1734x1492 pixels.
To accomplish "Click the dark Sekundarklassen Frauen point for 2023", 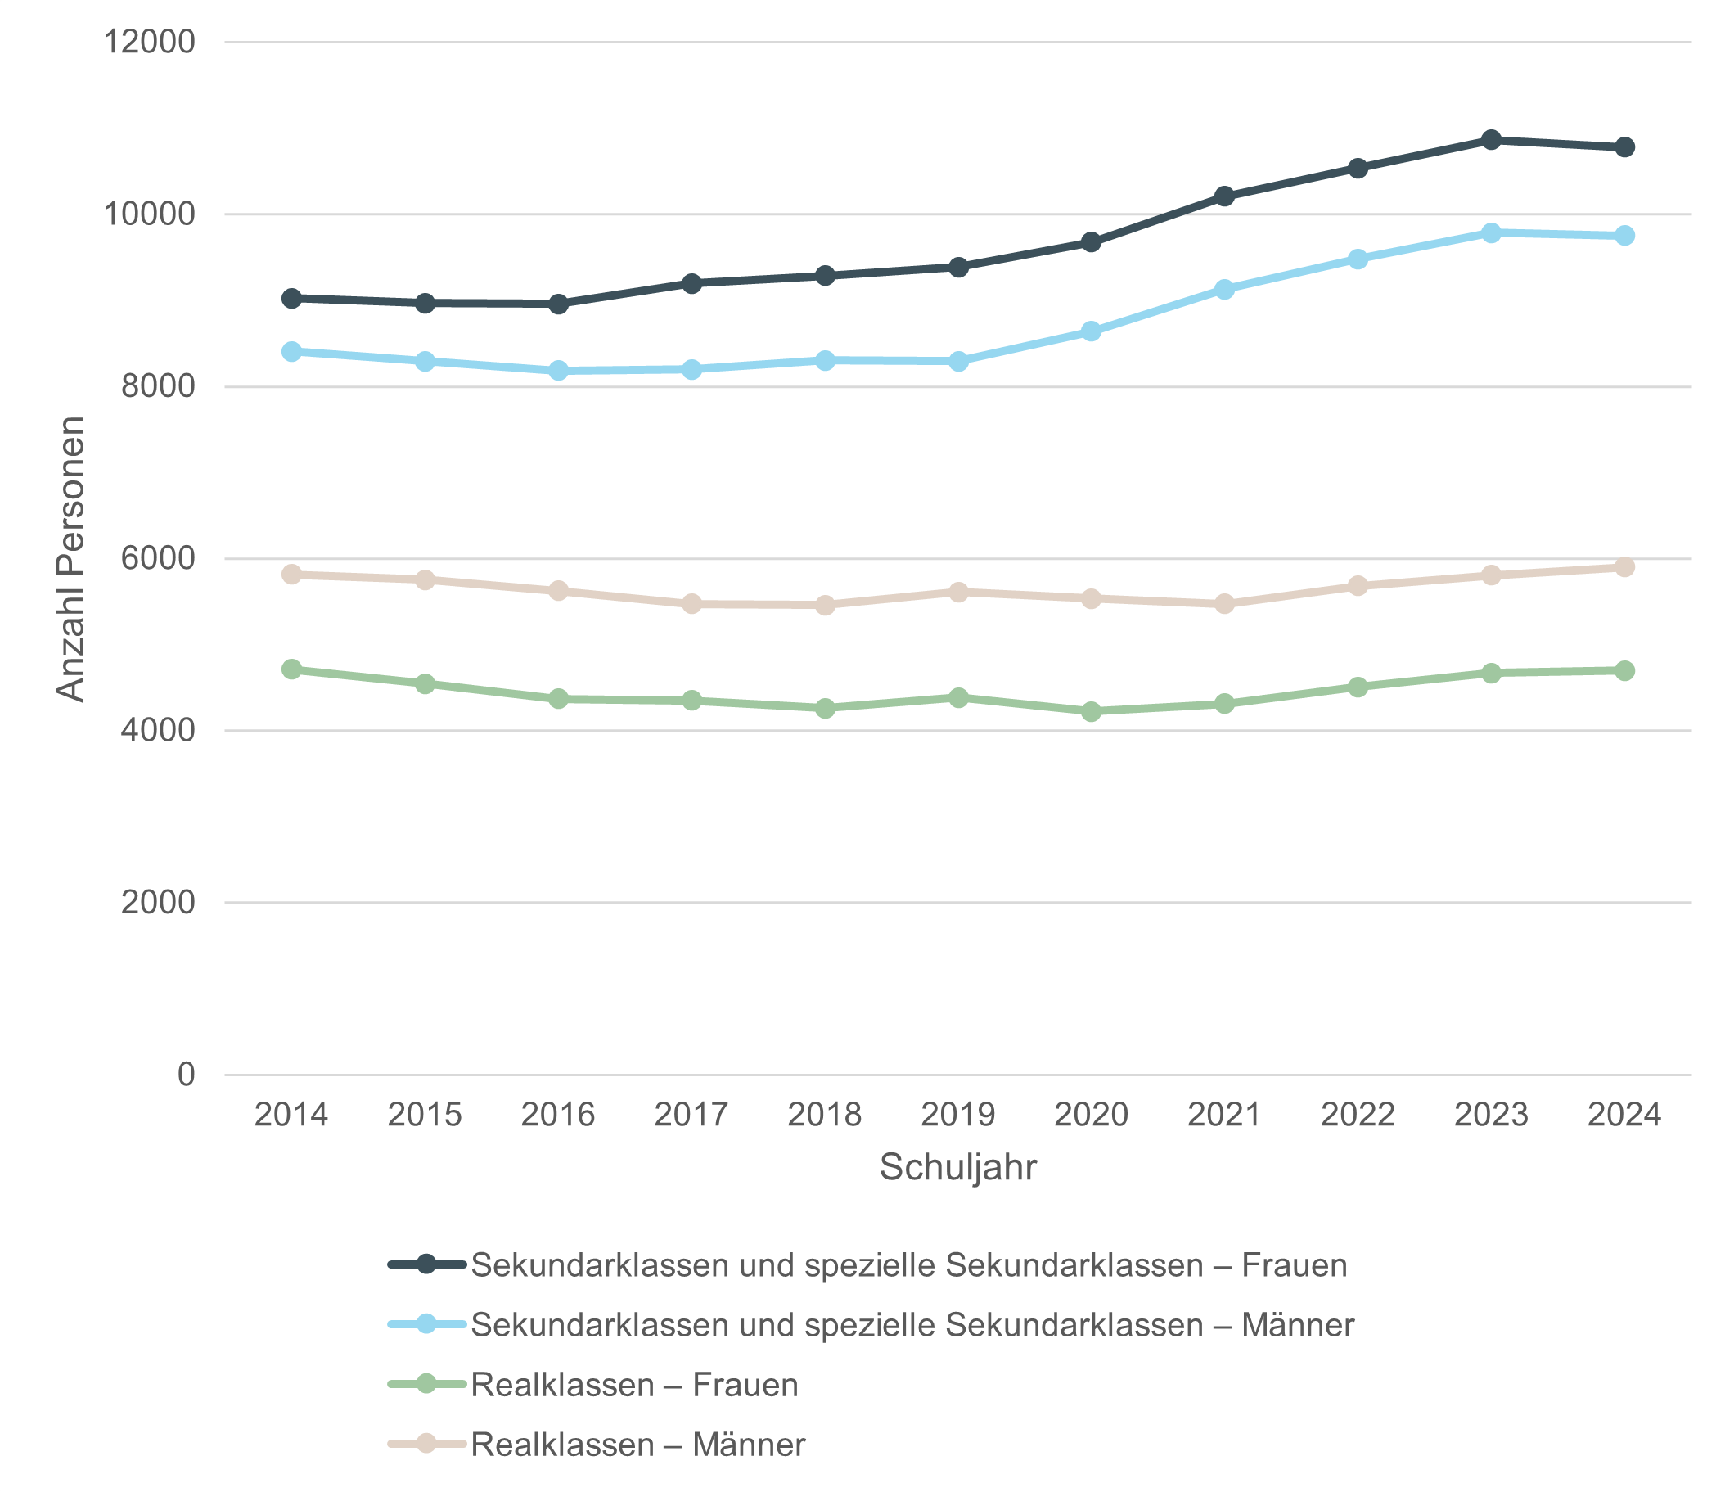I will coord(1490,140).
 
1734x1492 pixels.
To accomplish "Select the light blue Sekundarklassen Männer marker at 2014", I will coord(291,351).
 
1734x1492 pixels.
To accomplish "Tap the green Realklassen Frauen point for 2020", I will coord(1091,711).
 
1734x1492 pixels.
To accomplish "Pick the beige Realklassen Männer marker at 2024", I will coord(1624,567).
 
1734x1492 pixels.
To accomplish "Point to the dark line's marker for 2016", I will coord(558,304).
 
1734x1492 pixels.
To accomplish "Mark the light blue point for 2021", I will coord(1224,290).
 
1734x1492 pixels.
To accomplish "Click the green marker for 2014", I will coord(291,669).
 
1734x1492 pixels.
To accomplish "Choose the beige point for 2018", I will coord(825,605).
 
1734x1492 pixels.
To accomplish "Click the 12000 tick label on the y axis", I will coord(148,42).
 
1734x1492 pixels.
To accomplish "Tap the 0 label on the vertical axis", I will coord(186,1075).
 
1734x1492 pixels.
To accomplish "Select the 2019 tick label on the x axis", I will coord(958,1116).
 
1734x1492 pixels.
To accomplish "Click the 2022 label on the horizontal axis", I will coord(1358,1116).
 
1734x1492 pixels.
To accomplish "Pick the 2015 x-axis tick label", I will coord(425,1116).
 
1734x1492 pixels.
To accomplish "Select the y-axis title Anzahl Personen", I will coord(71,559).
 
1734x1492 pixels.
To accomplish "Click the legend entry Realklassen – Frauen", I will coord(633,1385).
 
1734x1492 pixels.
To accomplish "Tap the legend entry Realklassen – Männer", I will coord(637,1445).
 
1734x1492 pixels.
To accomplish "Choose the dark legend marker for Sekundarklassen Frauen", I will coord(426,1265).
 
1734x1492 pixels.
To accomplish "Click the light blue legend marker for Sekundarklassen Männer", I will coord(426,1325).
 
